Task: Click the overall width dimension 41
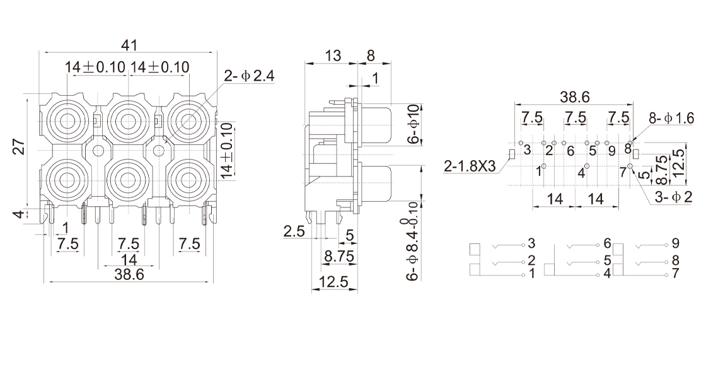129,45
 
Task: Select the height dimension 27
20,146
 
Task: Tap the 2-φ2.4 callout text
250,76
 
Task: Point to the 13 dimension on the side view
333,55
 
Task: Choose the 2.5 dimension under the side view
294,231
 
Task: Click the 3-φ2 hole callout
674,197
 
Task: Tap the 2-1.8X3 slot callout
470,166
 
